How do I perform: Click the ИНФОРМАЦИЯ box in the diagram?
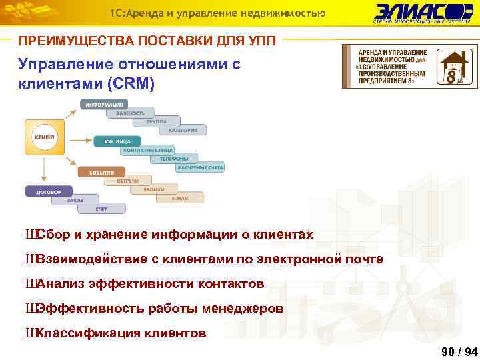click(x=104, y=105)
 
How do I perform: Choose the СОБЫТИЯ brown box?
click(x=101, y=172)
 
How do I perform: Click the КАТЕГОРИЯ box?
click(x=183, y=131)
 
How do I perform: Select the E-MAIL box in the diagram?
click(x=181, y=199)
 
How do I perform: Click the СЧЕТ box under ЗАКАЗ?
click(x=101, y=209)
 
